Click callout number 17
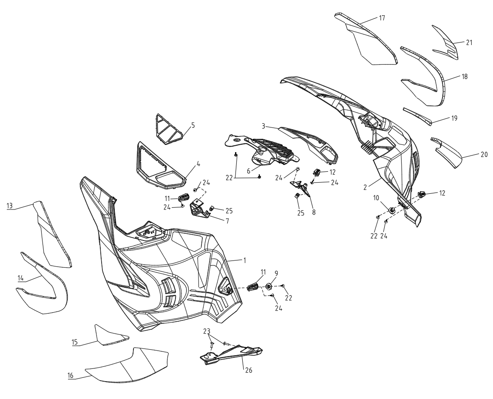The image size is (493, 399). tap(382, 18)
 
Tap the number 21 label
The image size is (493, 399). tap(469, 42)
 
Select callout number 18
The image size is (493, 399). tap(464, 76)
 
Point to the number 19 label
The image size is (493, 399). tap(454, 118)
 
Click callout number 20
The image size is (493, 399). tap(484, 154)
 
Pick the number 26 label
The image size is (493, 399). tap(248, 371)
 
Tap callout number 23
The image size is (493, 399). tap(206, 331)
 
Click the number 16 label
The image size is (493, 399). tap(70, 376)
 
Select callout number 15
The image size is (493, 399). tap(74, 342)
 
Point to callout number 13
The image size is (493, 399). tap(10, 206)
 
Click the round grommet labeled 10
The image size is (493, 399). tap(392, 210)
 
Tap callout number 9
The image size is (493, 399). tap(276, 273)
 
